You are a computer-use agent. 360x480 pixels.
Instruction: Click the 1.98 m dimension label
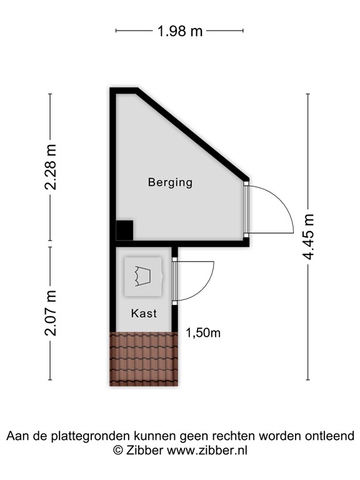tap(180, 31)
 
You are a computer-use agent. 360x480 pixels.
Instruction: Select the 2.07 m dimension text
tap(51, 313)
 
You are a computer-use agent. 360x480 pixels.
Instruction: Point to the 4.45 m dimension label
tap(308, 237)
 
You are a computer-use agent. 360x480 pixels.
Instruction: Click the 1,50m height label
tap(203, 333)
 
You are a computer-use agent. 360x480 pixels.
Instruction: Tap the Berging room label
tap(170, 182)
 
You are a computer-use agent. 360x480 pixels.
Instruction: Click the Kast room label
tap(144, 313)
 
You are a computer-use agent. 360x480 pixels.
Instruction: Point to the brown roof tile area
tap(144, 359)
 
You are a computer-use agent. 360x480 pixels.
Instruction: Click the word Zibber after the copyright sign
tap(145, 449)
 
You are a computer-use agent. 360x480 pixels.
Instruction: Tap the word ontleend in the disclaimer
tap(331, 436)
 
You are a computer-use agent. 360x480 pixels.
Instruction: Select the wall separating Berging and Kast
tap(181, 243)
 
